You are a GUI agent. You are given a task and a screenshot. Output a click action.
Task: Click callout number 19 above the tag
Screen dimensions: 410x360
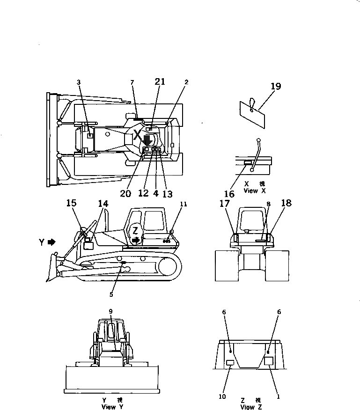[x=275, y=86]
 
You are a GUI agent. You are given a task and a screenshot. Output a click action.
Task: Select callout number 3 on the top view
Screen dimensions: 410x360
[x=79, y=82]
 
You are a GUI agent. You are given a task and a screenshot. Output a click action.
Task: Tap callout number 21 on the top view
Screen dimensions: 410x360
[x=160, y=81]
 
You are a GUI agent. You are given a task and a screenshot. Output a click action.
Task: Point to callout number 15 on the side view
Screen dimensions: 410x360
[x=71, y=203]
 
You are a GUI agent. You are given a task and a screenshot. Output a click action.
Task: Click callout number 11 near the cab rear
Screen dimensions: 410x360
[x=184, y=204]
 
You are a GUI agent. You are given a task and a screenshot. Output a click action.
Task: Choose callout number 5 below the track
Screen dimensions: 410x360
[x=111, y=294]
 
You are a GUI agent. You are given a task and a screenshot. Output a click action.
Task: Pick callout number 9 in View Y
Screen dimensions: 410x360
[x=110, y=311]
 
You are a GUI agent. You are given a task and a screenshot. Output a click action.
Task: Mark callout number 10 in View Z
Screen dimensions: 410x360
[x=222, y=396]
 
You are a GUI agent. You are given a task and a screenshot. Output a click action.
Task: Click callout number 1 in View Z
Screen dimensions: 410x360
[x=278, y=396]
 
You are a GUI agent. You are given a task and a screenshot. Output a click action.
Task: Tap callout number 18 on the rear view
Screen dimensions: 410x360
[x=286, y=203]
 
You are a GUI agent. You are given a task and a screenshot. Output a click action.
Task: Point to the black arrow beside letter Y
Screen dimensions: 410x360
[x=51, y=242]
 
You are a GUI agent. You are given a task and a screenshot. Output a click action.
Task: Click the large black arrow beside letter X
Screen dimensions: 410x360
[x=147, y=139]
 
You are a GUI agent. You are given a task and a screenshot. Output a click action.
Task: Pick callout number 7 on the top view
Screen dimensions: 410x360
[x=132, y=82]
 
